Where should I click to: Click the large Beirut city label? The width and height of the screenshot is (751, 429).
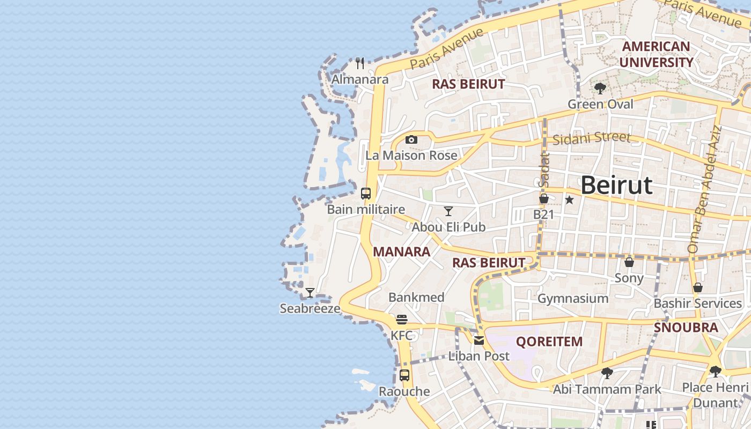(x=616, y=185)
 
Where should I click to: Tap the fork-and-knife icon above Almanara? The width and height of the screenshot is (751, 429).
(x=360, y=63)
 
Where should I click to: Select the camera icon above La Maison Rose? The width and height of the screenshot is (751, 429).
(x=411, y=139)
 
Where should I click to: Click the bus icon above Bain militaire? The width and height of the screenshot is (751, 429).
(x=366, y=194)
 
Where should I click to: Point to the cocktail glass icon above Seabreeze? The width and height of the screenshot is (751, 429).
(x=310, y=293)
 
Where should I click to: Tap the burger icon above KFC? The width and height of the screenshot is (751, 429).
(x=402, y=320)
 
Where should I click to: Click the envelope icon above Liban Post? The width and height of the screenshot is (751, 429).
(x=479, y=340)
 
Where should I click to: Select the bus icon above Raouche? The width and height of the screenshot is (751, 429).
(x=404, y=375)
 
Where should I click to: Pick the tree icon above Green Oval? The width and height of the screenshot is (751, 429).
(x=600, y=88)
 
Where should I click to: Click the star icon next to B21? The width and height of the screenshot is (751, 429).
(x=569, y=200)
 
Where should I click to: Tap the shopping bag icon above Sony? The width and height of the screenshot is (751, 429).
(x=629, y=262)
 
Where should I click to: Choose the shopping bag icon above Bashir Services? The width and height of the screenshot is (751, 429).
(x=698, y=287)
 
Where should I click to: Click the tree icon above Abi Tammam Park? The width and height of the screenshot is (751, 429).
(x=607, y=373)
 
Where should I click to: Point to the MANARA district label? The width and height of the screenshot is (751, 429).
(x=401, y=252)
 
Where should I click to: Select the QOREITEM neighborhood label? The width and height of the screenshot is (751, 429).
(x=549, y=341)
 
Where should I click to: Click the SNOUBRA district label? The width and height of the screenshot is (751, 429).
(x=686, y=327)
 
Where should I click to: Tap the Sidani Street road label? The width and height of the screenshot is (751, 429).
(x=592, y=138)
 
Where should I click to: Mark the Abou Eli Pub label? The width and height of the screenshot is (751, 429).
(x=448, y=227)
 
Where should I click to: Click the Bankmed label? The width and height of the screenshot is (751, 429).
(x=416, y=297)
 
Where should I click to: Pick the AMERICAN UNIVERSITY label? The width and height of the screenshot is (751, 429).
(x=656, y=54)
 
